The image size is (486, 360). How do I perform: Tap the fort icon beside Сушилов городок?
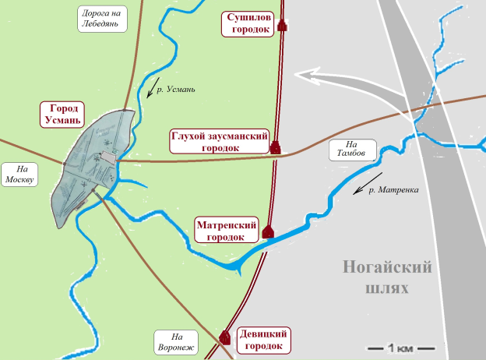click(282, 26)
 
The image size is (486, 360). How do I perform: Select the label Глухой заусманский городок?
click(220, 141)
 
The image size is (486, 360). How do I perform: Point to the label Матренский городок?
click(226, 231)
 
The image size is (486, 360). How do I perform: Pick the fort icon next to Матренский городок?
click(269, 231)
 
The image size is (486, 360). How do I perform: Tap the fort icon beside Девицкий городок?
click(225, 337)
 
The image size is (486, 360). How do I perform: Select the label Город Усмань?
click(62, 115)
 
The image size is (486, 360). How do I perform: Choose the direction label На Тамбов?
click(350, 150)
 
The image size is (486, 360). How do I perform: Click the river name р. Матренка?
click(393, 189)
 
